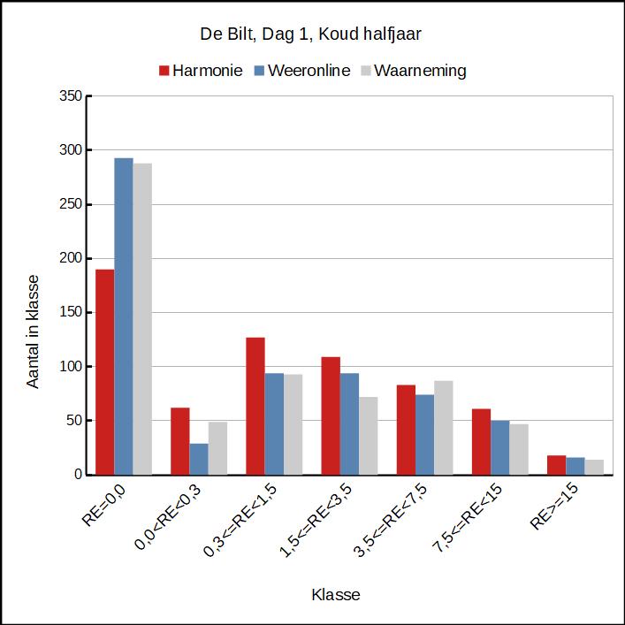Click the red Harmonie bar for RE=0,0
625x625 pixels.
tap(105, 371)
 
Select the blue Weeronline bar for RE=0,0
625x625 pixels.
tap(124, 316)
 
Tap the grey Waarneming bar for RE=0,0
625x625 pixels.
tap(142, 319)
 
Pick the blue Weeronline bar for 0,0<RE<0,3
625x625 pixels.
tap(199, 459)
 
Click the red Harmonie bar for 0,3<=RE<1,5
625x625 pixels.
tap(255, 406)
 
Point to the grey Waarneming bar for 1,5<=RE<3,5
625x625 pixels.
tap(368, 436)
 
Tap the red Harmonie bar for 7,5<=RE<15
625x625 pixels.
tap(481, 441)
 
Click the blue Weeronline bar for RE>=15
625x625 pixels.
tap(575, 466)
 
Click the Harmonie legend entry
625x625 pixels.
tap(200, 71)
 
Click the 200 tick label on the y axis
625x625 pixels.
tap(71, 258)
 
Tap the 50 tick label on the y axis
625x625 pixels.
tap(74, 420)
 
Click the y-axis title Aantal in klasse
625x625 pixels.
tap(33, 332)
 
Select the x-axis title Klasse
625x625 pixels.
tap(336, 594)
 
